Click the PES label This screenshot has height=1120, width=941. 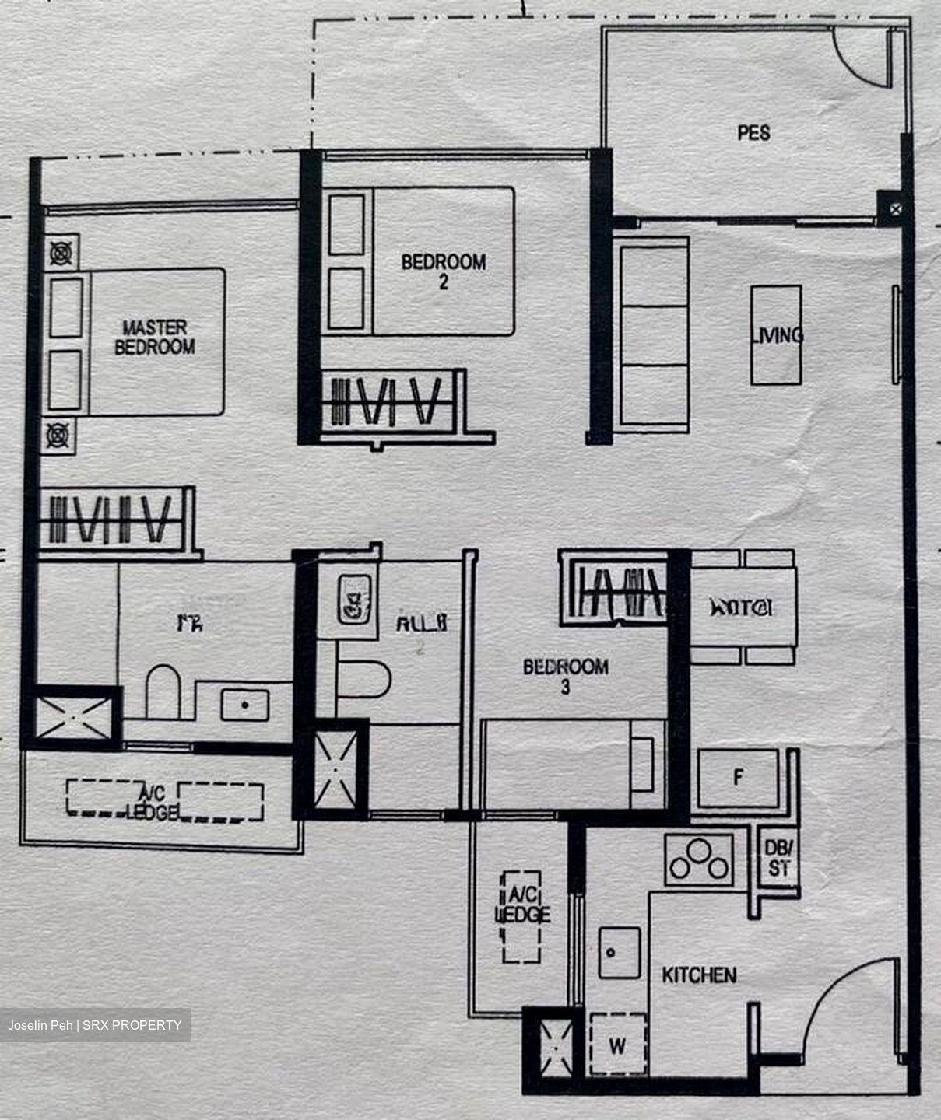tap(753, 133)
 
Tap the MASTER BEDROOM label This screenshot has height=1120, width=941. tap(154, 337)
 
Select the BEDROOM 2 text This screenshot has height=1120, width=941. tap(444, 271)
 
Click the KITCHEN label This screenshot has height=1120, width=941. tap(699, 975)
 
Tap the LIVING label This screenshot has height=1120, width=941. tap(777, 335)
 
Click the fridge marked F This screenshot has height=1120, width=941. tap(738, 777)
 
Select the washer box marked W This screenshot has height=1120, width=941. tap(617, 1045)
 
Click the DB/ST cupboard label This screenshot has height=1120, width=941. tap(779, 858)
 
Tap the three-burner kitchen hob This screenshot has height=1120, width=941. tap(700, 860)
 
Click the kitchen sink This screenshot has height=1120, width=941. tap(619, 952)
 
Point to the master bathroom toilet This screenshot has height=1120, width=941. tap(163, 691)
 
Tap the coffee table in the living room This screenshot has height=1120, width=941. tap(776, 334)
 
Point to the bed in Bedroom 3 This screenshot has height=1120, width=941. tap(572, 763)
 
